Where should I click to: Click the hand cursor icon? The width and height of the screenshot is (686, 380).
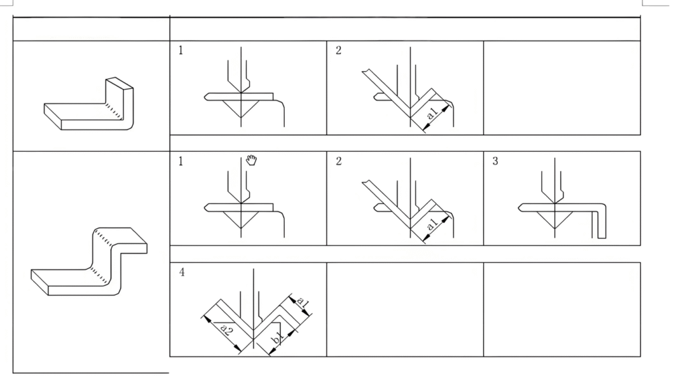251,160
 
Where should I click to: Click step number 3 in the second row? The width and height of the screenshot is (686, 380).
495,161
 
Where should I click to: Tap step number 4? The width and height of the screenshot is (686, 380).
182,272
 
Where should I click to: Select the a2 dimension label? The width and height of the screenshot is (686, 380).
226,329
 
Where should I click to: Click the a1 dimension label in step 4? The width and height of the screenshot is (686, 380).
303,301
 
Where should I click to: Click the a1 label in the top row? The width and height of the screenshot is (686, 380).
432,113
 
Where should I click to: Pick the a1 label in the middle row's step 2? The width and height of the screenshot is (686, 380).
432,224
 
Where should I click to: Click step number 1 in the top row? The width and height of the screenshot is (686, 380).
181,50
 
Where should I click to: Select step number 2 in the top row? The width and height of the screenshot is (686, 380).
338,50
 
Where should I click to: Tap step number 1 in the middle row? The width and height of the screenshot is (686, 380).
181,161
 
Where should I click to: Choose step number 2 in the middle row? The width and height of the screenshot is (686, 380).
338,161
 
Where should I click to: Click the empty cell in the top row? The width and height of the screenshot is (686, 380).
562,88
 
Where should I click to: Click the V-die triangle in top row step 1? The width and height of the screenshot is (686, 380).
241,108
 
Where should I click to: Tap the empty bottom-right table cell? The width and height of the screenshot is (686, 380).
562,310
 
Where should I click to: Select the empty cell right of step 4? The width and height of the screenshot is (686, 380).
405,310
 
